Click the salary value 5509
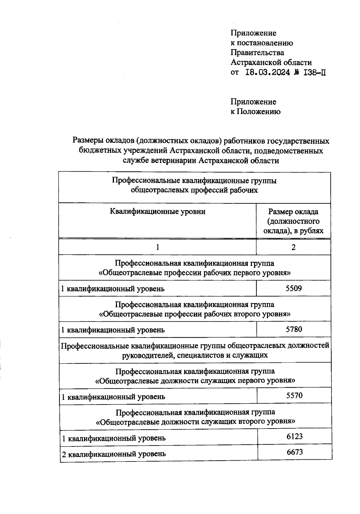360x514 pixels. click(x=294, y=289)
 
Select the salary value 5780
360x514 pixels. click(x=294, y=329)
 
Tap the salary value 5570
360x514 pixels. click(x=294, y=395)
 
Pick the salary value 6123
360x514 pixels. click(x=295, y=436)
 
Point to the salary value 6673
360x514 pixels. click(x=295, y=452)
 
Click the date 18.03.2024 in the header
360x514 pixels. click(x=268, y=72)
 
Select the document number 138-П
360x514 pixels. click(x=315, y=72)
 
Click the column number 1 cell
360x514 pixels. click(x=157, y=247)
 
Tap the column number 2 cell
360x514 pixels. click(x=293, y=247)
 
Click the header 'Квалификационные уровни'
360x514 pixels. click(x=157, y=212)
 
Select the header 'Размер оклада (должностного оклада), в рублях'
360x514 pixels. click(x=293, y=221)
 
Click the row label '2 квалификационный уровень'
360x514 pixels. click(x=114, y=454)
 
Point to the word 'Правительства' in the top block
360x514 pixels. click(x=257, y=53)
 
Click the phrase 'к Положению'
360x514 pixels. click(x=255, y=112)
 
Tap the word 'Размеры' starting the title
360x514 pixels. click(x=87, y=141)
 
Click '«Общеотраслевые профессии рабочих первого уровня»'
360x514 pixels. click(x=195, y=273)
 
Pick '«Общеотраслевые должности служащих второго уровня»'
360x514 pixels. click(x=195, y=422)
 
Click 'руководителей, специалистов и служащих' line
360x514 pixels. click(x=195, y=355)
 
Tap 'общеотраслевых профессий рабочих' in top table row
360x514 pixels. click(x=194, y=190)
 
